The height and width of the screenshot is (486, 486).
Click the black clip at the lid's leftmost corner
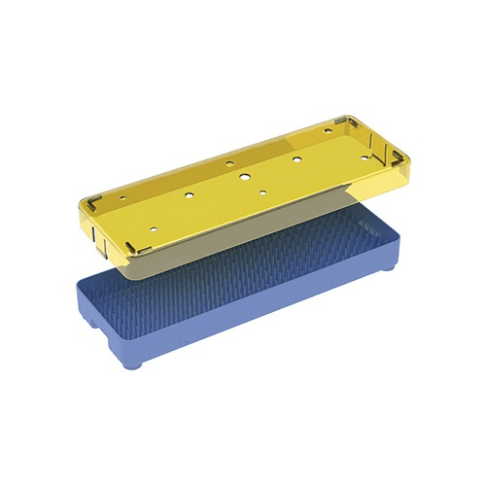point(87,203)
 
